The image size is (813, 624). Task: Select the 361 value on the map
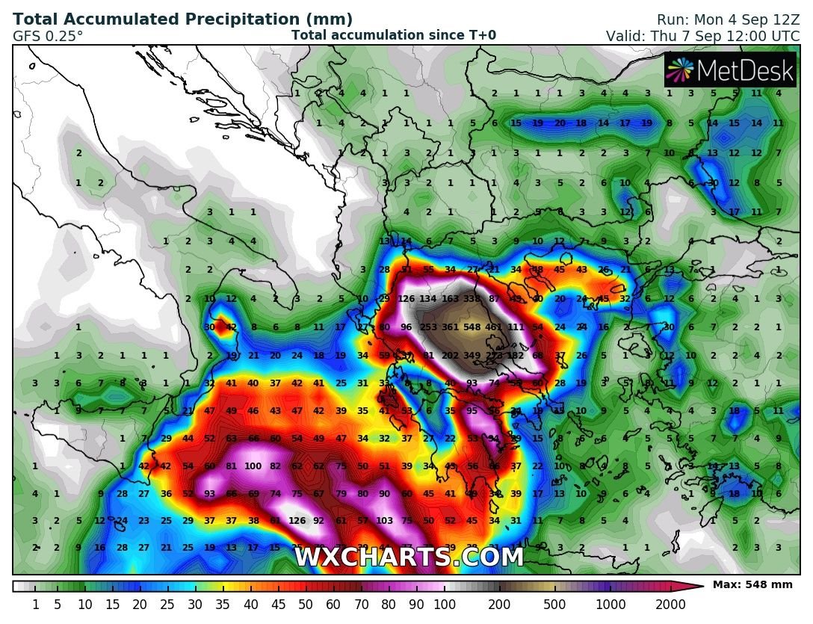pyautogui.click(x=450, y=327)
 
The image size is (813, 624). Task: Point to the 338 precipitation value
pyautogui.click(x=472, y=299)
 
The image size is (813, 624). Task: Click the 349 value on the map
pyautogui.click(x=472, y=356)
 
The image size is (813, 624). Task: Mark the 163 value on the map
pyautogui.click(x=450, y=299)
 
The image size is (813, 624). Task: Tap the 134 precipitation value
pyautogui.click(x=428, y=299)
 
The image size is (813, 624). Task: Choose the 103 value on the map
pyautogui.click(x=385, y=521)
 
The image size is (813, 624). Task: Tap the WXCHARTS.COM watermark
pyautogui.click(x=409, y=557)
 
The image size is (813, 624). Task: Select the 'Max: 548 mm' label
pyautogui.click(x=752, y=585)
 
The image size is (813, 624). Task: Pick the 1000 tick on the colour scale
pyautogui.click(x=613, y=604)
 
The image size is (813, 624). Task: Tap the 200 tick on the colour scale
pyautogui.click(x=499, y=604)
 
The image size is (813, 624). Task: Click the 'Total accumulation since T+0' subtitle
pyautogui.click(x=393, y=35)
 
